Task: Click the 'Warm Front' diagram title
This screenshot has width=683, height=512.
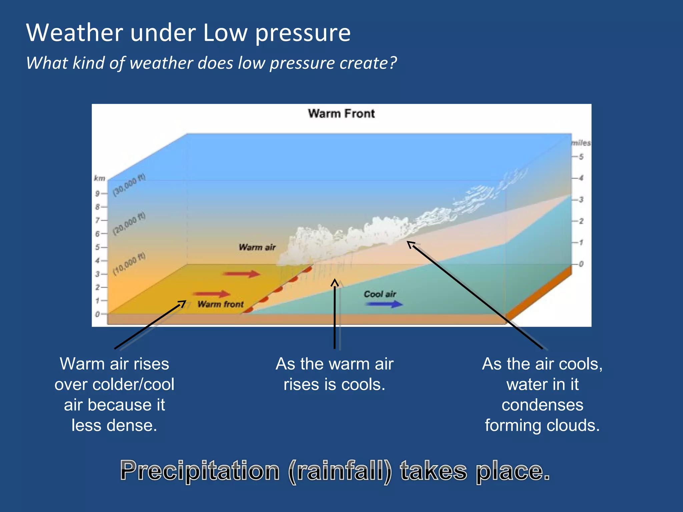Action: point(341,114)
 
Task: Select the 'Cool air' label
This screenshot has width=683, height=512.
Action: point(380,294)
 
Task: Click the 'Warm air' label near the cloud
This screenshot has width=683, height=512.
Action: point(257,247)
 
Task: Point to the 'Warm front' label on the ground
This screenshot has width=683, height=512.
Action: point(220,304)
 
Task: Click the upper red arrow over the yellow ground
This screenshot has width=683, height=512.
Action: point(242,274)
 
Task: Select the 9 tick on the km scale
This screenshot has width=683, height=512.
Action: point(100,194)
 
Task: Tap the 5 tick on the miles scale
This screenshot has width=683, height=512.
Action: point(579,157)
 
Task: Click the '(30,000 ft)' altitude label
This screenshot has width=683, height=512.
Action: point(129,185)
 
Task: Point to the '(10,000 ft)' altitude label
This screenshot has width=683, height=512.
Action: point(129,264)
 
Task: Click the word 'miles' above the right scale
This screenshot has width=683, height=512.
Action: point(581,143)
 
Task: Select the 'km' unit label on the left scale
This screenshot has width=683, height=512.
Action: point(99,179)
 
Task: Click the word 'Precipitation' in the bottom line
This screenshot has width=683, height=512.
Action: point(199,471)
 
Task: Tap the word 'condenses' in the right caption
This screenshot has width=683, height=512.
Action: point(542,405)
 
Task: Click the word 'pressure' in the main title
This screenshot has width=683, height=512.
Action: point(302,33)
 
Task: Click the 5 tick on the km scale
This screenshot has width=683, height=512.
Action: point(100,247)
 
